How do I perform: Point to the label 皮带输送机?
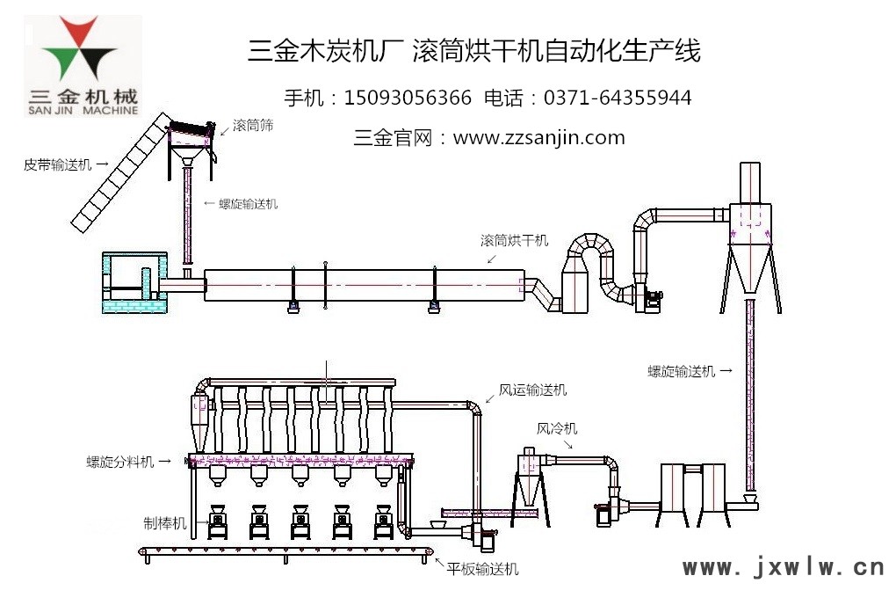(58, 164)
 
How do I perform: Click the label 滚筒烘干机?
(514, 240)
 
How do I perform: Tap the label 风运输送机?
(533, 389)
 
